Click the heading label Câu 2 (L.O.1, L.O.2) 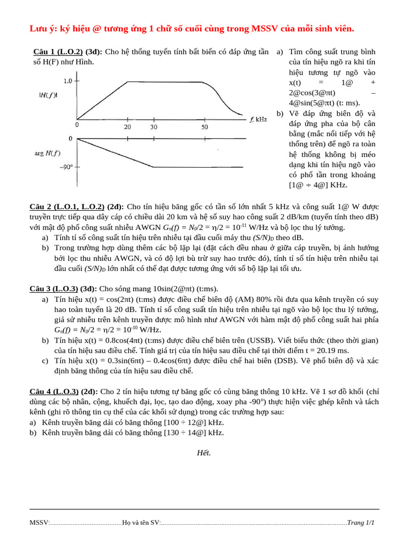click(x=68, y=207)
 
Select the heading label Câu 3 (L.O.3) click(x=53, y=289)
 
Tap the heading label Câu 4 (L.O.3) click(x=53, y=392)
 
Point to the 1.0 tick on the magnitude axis click(x=68, y=81)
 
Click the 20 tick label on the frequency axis click(x=127, y=127)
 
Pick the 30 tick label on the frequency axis click(x=153, y=127)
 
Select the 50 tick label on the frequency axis click(x=204, y=127)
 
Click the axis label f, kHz click(x=258, y=120)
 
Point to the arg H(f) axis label click(x=46, y=154)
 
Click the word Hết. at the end click(x=204, y=453)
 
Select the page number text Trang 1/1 click(x=361, y=523)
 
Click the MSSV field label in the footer click(x=39, y=523)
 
